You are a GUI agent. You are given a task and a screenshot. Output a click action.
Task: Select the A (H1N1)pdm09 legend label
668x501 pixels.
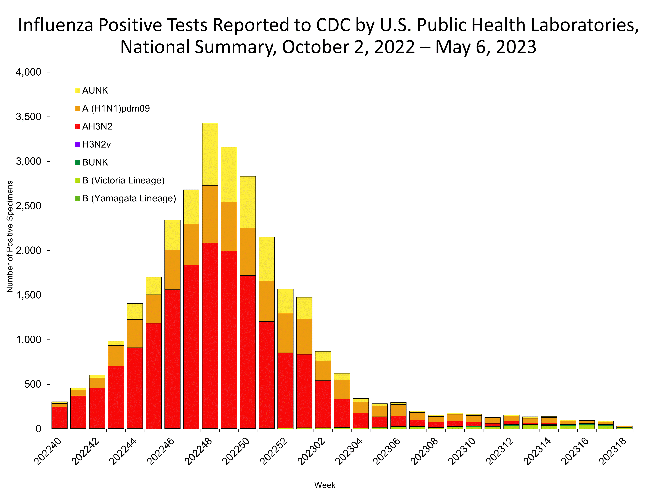(116, 108)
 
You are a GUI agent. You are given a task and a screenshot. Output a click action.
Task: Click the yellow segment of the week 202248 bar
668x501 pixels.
(210, 154)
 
